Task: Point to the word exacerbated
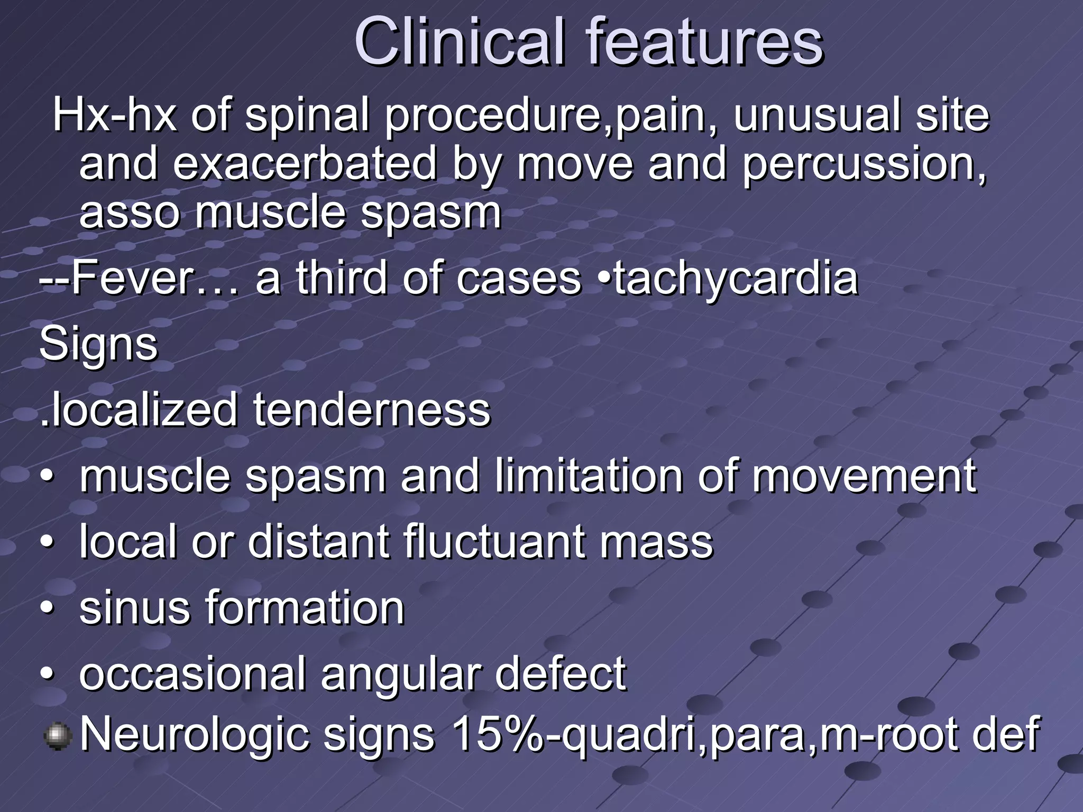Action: point(305,164)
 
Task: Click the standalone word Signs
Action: point(98,345)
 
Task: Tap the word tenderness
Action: point(372,410)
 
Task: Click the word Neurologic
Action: point(194,735)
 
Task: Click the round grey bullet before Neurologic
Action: point(57,736)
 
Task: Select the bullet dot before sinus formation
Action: point(47,610)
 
